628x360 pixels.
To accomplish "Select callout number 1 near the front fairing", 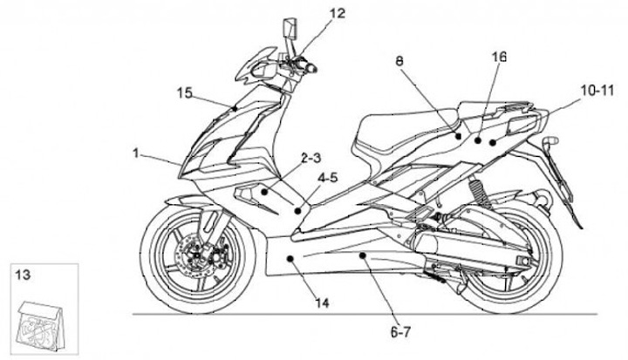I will [x=136, y=153].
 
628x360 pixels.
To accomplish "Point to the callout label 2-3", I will [x=311, y=159].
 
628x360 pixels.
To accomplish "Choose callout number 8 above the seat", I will [x=399, y=63].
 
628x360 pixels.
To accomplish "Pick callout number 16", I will [x=498, y=58].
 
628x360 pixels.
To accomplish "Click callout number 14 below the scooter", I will [x=322, y=303].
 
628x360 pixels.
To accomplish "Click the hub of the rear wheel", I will [x=522, y=263].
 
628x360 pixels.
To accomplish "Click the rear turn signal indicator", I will [x=549, y=140].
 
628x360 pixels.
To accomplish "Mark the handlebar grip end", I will [x=311, y=68].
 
